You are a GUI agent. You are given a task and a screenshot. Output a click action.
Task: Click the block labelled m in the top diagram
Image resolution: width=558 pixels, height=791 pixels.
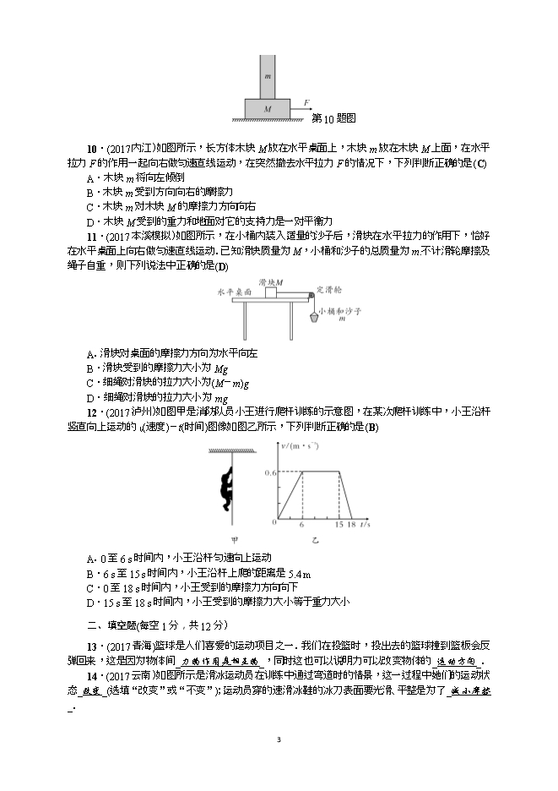click(x=267, y=76)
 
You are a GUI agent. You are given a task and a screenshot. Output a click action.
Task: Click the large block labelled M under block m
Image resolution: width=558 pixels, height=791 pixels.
click(x=267, y=109)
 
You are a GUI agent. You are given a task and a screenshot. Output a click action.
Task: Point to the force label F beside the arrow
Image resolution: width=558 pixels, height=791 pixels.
click(x=306, y=102)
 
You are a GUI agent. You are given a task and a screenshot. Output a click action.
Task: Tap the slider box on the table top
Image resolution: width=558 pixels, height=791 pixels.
click(x=270, y=292)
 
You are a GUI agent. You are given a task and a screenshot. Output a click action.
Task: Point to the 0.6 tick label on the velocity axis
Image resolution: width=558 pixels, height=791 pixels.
click(x=267, y=472)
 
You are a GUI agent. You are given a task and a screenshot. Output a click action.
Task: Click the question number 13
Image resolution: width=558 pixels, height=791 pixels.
click(x=92, y=646)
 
